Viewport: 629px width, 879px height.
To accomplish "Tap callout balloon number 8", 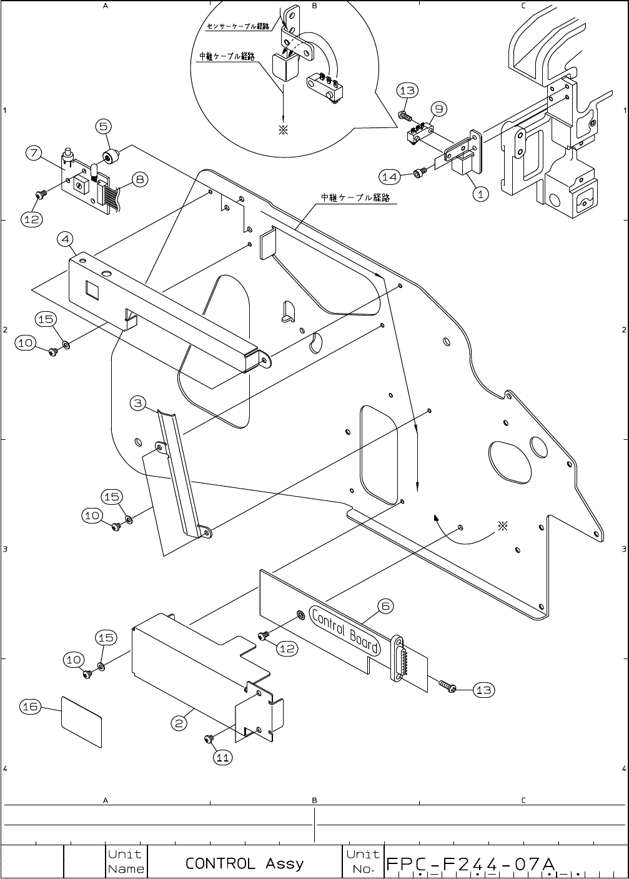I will click(x=139, y=179).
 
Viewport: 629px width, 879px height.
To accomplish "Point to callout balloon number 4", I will click(x=66, y=239).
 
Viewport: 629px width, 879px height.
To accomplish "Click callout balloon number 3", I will click(x=139, y=403).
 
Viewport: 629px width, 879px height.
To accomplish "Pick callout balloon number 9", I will click(x=439, y=109).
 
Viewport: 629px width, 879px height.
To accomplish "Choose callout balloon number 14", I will click(x=389, y=177).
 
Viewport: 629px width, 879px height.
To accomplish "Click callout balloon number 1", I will click(x=480, y=194).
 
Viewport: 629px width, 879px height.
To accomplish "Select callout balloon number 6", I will click(x=385, y=605).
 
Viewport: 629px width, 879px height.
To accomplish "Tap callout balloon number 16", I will click(x=31, y=707).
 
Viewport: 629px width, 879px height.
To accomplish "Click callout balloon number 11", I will click(x=223, y=757).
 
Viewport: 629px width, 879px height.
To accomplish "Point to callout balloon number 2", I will click(x=179, y=723).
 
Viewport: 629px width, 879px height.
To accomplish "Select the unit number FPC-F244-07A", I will click(x=470, y=864).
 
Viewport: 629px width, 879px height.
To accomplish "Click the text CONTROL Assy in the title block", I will click(x=244, y=863).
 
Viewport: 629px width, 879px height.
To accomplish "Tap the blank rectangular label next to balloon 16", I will click(x=82, y=722).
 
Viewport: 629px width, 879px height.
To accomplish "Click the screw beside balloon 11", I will click(x=209, y=740).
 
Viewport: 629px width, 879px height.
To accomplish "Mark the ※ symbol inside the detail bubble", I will click(x=282, y=130).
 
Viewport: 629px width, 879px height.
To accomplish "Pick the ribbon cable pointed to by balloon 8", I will click(x=109, y=197).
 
